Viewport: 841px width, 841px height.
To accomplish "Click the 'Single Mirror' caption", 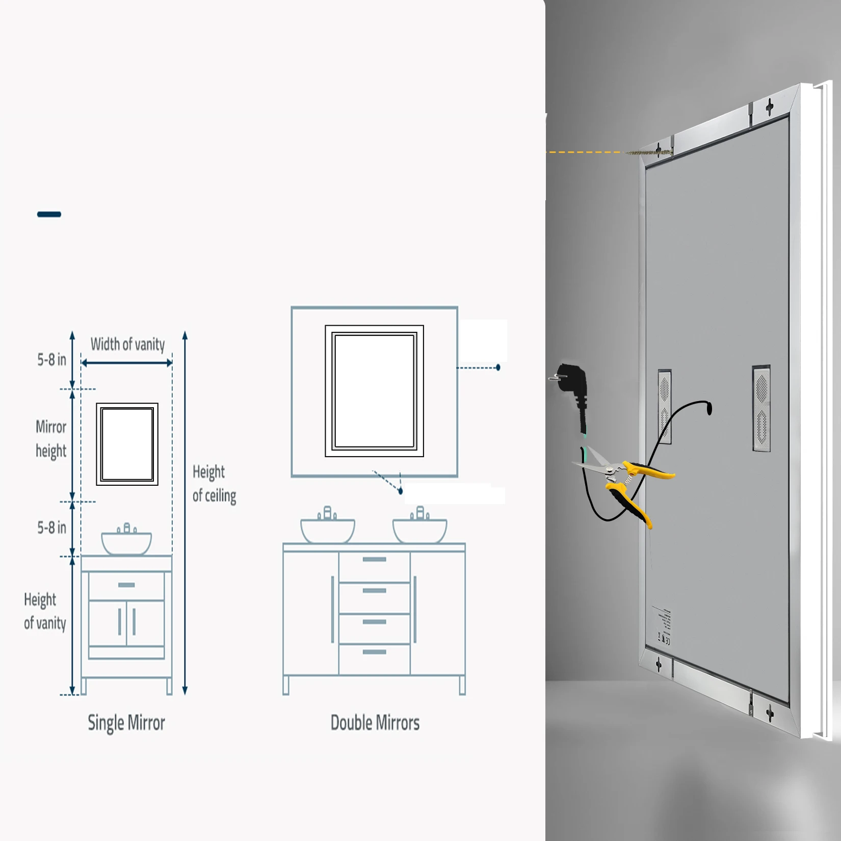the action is click(126, 723).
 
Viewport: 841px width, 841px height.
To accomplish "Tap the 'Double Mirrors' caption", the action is click(375, 723).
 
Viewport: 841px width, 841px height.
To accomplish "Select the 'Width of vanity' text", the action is click(127, 345).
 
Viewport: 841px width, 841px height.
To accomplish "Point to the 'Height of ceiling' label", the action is click(214, 483).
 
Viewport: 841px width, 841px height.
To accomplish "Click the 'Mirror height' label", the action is click(51, 438).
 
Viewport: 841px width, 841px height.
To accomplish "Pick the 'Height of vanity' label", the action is click(45, 611).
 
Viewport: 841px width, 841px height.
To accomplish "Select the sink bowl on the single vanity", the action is click(126, 543).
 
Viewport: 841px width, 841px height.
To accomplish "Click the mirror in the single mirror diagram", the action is click(127, 444).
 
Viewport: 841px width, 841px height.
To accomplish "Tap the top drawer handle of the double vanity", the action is click(375, 560).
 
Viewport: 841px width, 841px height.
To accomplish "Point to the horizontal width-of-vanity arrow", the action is click(126, 363).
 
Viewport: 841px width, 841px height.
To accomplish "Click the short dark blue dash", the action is click(49, 214).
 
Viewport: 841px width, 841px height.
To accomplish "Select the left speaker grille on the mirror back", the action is click(665, 406).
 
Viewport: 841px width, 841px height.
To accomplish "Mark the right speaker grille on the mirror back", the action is click(761, 408).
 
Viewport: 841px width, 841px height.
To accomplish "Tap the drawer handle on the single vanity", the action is click(126, 585).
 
